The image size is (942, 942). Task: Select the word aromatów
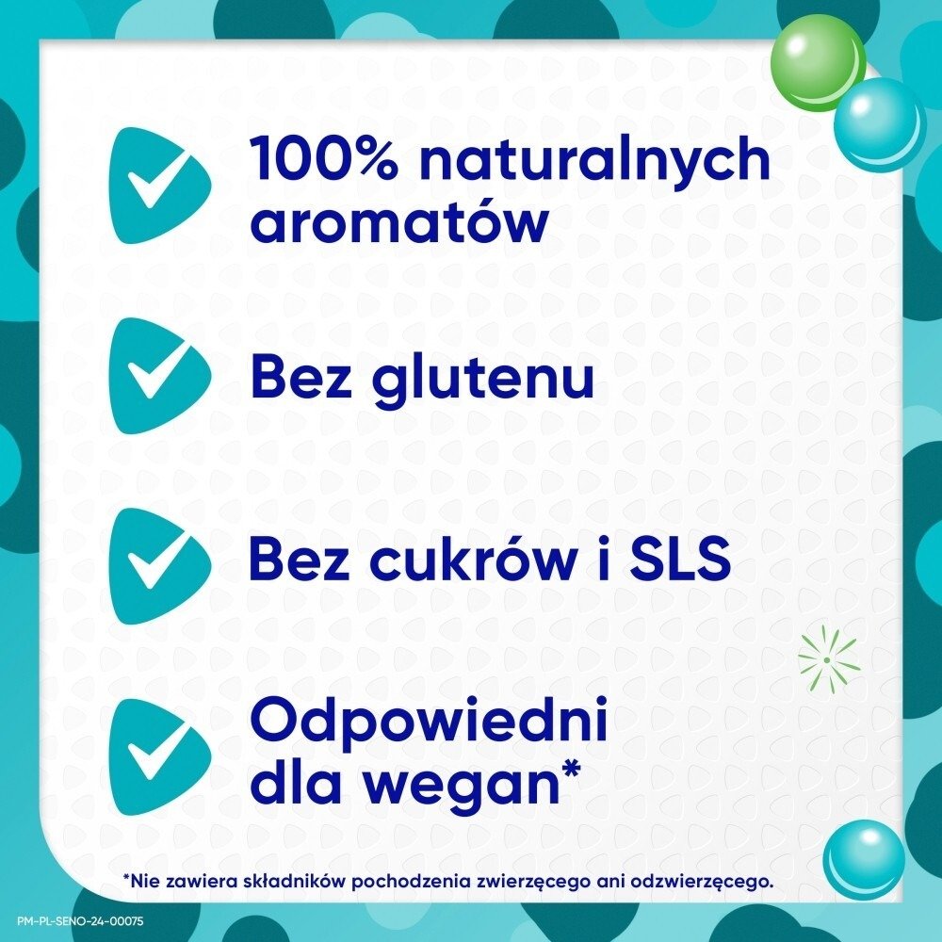pyautogui.click(x=399, y=223)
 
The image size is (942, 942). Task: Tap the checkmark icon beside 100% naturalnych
pyautogui.click(x=155, y=186)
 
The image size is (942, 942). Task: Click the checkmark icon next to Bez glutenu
pyautogui.click(x=155, y=376)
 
